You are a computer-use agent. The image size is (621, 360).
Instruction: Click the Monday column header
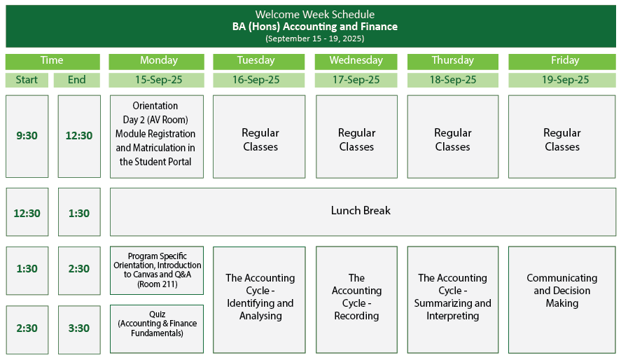(159, 61)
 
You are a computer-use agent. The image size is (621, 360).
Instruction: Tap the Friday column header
(562, 61)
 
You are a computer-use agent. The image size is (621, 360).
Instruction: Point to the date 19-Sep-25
(562, 80)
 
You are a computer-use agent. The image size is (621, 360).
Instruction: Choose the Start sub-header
(27, 80)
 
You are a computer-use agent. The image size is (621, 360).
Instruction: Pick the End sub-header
(77, 80)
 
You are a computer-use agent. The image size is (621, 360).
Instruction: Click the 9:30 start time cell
(27, 136)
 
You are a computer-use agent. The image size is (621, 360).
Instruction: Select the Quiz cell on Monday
(157, 328)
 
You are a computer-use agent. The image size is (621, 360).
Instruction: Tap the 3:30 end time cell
(79, 328)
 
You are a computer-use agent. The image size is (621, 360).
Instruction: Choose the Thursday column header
(453, 61)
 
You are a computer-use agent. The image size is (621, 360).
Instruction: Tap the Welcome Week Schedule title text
(314, 15)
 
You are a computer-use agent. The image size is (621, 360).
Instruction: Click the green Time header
(53, 61)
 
